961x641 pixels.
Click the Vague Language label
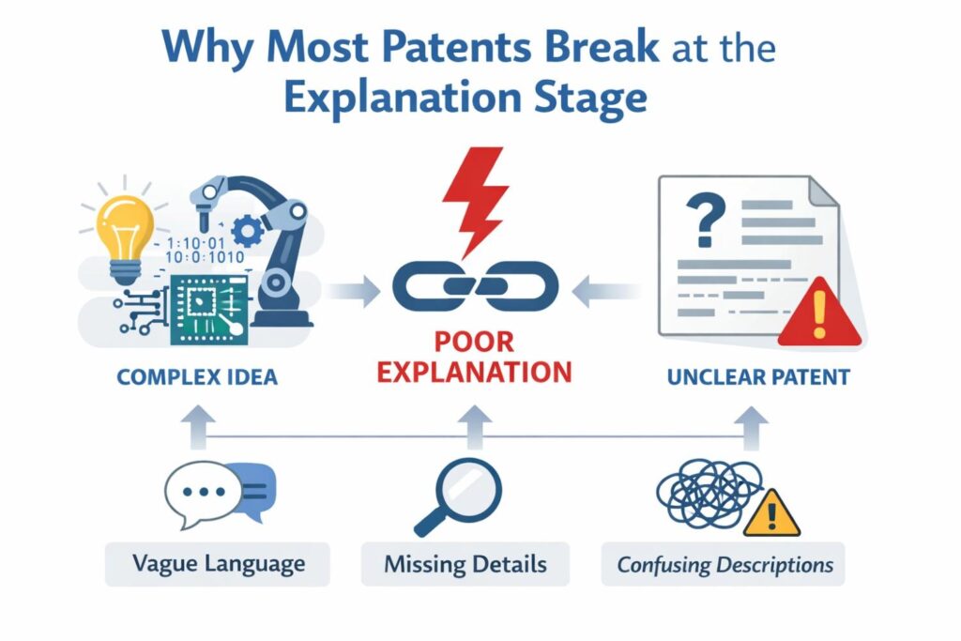tap(218, 564)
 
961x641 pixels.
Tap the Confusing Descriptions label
tap(725, 565)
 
